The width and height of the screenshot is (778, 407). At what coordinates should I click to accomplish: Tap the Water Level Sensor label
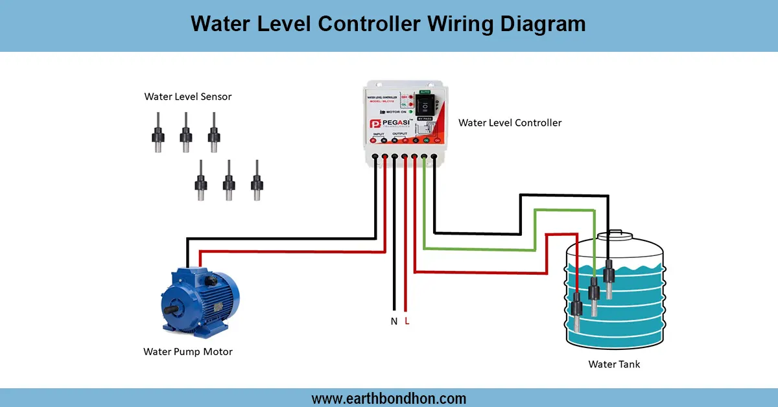coord(187,97)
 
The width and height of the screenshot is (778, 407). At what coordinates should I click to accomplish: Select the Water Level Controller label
coord(510,122)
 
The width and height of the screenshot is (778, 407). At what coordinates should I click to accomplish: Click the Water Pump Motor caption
coord(187,352)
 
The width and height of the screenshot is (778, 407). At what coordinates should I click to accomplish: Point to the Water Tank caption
coord(613,364)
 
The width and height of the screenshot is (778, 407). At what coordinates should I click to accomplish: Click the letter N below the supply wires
coord(394,321)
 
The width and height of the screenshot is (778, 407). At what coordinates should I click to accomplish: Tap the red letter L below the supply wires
coord(407,321)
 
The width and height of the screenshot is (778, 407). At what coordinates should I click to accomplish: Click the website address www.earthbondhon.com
coord(388,398)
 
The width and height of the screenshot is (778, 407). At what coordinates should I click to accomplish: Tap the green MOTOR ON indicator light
coord(411,112)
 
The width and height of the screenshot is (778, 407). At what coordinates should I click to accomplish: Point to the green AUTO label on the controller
coord(425,91)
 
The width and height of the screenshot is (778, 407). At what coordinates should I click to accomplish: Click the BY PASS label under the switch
coord(425,119)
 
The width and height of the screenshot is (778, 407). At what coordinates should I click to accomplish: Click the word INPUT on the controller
coord(379,134)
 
